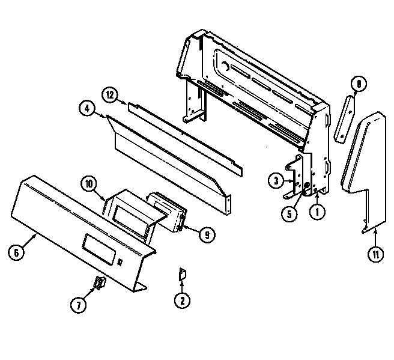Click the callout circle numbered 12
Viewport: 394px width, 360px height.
click(110, 95)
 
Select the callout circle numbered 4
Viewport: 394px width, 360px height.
click(87, 109)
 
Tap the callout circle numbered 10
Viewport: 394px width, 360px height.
click(89, 184)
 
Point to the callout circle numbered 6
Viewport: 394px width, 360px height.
click(16, 252)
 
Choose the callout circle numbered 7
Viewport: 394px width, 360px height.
click(79, 305)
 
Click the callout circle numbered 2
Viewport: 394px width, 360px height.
click(182, 300)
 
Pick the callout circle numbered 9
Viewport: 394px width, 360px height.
click(207, 235)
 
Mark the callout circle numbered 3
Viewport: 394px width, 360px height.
click(276, 180)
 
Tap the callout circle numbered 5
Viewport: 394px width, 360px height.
click(289, 214)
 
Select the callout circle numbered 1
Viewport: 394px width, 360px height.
click(317, 212)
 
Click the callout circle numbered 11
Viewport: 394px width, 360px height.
click(375, 254)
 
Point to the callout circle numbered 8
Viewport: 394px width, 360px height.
click(359, 84)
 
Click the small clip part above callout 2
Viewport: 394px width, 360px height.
click(182, 274)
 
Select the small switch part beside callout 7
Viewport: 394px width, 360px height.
click(100, 283)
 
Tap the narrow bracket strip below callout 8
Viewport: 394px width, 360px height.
click(344, 120)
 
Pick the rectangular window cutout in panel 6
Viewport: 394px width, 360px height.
click(99, 249)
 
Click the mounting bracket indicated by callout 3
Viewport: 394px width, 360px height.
click(294, 176)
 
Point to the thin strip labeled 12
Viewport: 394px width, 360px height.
click(185, 139)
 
